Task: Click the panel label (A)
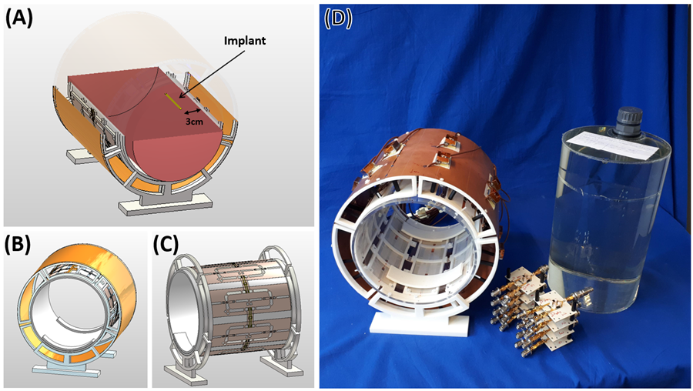click(19, 20)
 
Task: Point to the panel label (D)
click(338, 19)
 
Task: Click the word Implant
click(244, 41)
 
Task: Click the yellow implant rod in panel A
click(173, 101)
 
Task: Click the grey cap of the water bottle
click(627, 119)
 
